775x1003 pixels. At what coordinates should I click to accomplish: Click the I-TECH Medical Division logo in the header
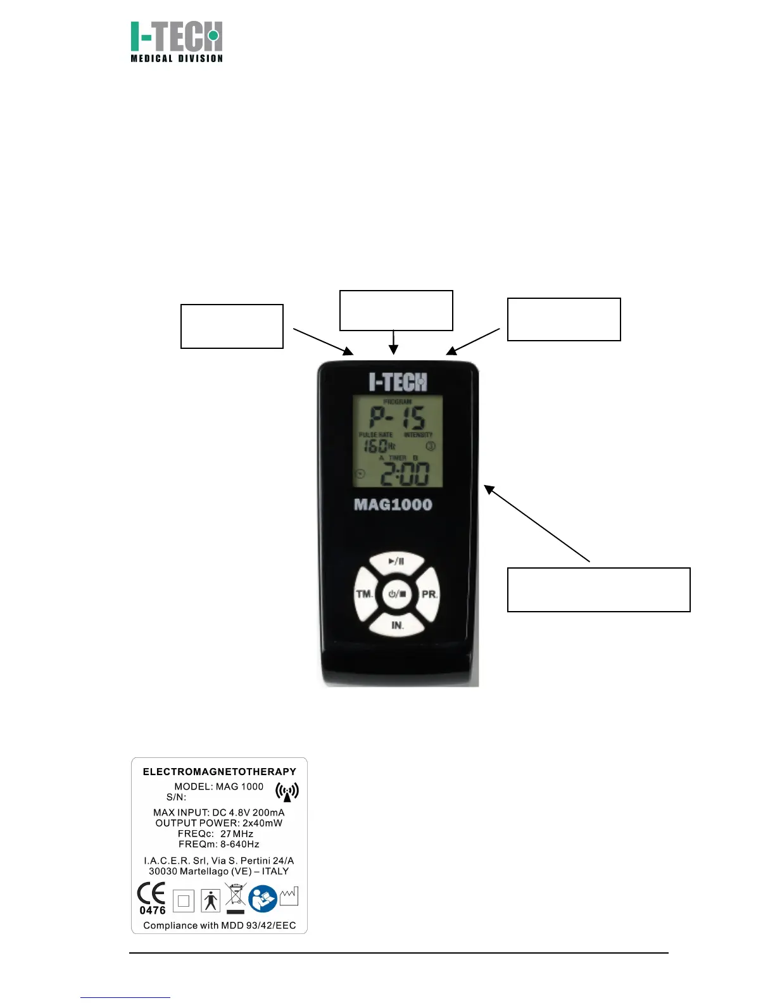tap(177, 42)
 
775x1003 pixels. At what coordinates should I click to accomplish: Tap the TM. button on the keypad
tap(365, 594)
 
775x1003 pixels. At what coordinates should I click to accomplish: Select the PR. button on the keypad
tap(429, 595)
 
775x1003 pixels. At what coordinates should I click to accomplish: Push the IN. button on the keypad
tap(397, 625)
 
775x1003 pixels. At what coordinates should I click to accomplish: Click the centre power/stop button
tap(397, 594)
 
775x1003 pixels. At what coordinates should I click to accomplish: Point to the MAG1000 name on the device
tap(393, 505)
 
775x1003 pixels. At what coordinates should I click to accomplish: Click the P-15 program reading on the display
tap(398, 419)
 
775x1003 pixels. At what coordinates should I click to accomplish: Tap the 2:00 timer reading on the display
tap(405, 473)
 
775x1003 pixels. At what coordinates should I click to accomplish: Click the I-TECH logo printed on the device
tap(398, 382)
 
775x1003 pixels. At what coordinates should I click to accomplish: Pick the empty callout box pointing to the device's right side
tap(598, 590)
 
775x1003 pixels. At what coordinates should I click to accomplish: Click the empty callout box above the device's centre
tap(396, 310)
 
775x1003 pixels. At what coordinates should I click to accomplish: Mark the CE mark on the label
tap(151, 893)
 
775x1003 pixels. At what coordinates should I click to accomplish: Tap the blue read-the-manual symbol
tap(263, 899)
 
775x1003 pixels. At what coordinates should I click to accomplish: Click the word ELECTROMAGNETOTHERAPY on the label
tap(219, 771)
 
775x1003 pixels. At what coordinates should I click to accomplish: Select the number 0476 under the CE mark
tap(153, 911)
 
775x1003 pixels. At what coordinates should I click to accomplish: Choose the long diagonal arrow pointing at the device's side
tap(537, 523)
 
